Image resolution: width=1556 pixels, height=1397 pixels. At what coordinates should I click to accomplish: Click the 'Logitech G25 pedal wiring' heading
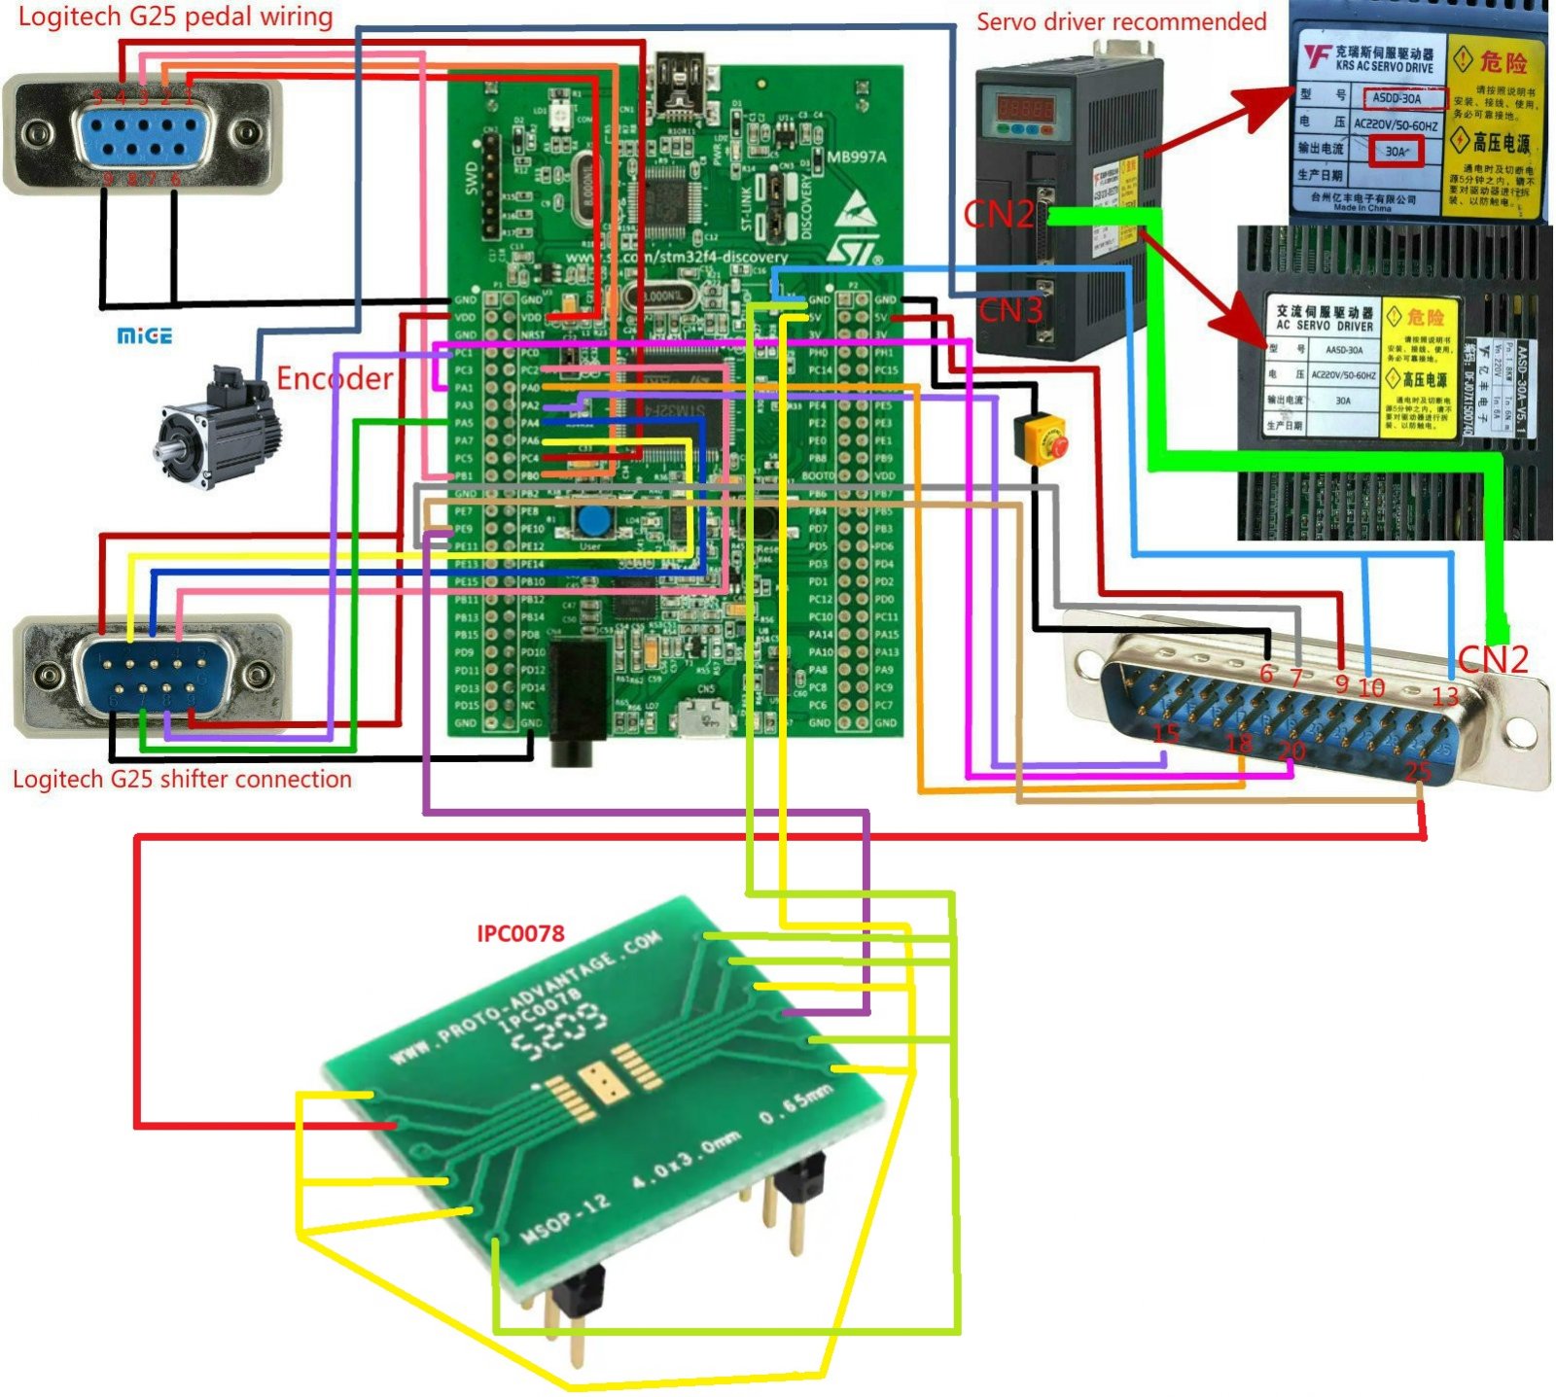tap(175, 17)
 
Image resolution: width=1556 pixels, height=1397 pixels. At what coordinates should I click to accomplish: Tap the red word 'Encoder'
tap(335, 378)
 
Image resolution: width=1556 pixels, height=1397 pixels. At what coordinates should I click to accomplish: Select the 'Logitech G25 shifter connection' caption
tap(182, 779)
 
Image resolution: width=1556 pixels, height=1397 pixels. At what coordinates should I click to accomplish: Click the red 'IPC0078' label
tap(520, 933)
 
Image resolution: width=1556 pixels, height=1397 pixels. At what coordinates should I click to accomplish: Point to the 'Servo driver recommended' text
tap(1120, 21)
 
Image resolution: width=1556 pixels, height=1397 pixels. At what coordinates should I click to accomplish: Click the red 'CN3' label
tap(1009, 310)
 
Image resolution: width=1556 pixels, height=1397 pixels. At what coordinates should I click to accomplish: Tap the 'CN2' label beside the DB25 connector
tap(1493, 659)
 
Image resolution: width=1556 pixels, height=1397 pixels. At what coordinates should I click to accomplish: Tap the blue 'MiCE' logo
tap(144, 336)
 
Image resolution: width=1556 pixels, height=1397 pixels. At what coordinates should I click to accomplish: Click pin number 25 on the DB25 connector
tap(1418, 770)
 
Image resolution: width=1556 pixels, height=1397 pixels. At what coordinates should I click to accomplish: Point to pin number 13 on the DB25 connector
tap(1445, 696)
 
